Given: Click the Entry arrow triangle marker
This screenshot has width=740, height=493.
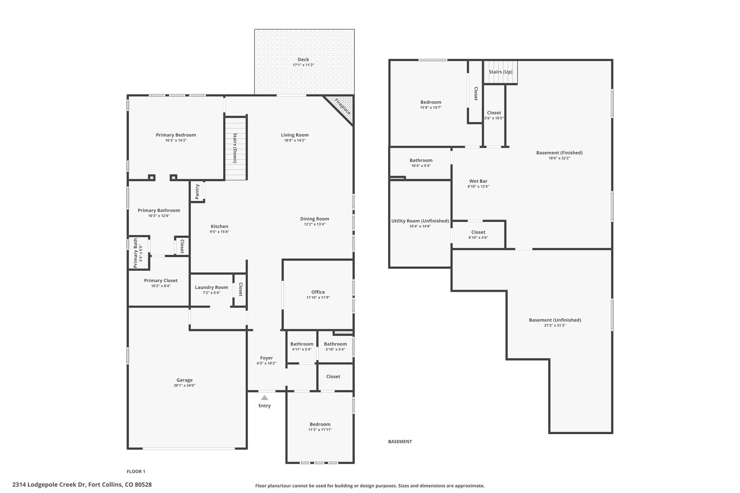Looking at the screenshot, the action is click(x=264, y=398).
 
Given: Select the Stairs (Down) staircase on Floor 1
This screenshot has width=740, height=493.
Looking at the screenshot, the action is click(x=236, y=148).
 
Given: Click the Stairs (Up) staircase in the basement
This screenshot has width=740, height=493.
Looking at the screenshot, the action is click(x=500, y=72).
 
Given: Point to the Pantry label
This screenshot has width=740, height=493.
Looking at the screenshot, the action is click(x=197, y=191).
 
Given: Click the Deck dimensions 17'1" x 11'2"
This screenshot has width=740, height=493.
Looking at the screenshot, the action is click(x=304, y=65).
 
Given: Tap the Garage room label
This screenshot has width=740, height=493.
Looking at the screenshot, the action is click(x=185, y=380).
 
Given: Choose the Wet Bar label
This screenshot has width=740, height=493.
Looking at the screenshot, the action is click(x=478, y=181).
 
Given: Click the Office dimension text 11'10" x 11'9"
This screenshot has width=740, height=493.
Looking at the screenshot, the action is click(x=318, y=298).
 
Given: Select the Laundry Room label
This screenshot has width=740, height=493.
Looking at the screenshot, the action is click(x=211, y=287).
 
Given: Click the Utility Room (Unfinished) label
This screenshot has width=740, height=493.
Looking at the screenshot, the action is click(x=420, y=221).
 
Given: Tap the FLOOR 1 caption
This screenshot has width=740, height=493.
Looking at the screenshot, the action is click(x=136, y=471).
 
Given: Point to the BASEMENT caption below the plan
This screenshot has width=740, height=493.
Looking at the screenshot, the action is click(x=400, y=441).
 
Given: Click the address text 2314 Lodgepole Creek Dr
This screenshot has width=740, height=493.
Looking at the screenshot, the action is click(x=49, y=485).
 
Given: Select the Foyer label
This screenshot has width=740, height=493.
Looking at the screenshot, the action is click(x=267, y=358).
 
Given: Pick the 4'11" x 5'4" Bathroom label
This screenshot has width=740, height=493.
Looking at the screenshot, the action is click(x=302, y=344).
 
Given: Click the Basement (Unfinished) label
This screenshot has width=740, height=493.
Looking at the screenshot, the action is click(x=555, y=320).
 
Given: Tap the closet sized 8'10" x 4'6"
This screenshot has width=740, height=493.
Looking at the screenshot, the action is click(x=478, y=235).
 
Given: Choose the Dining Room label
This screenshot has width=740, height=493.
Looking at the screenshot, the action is click(x=315, y=219).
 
